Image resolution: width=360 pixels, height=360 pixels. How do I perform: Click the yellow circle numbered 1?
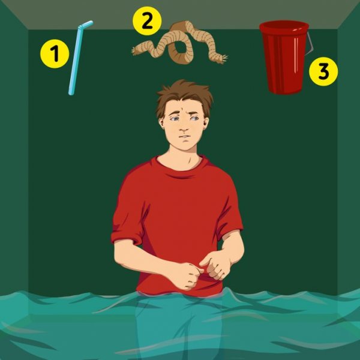55,54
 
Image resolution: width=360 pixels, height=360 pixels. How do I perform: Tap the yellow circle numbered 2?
147,21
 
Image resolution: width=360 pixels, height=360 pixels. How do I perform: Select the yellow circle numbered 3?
323,71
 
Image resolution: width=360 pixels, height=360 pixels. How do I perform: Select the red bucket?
284,58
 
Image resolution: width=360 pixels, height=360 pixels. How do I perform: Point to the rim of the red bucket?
284,26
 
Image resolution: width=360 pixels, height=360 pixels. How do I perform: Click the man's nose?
183,128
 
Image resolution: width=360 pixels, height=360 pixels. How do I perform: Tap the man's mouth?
184,137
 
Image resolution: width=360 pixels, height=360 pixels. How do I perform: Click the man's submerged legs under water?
179,326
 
